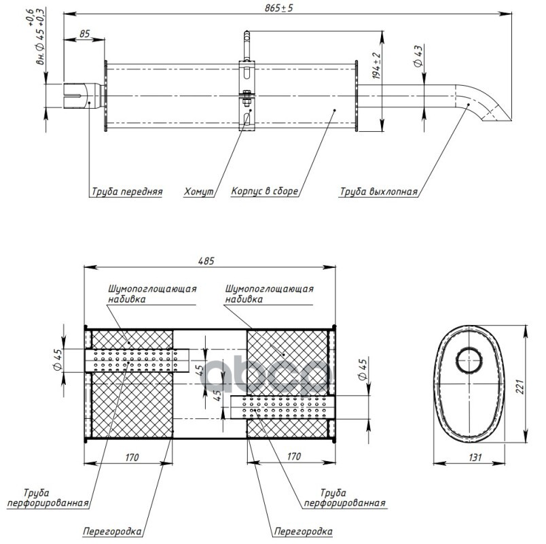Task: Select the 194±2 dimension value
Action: point(377,68)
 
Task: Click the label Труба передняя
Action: point(127,192)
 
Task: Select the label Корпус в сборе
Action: point(263,192)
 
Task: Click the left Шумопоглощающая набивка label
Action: point(152,293)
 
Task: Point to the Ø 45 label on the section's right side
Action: point(363,372)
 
